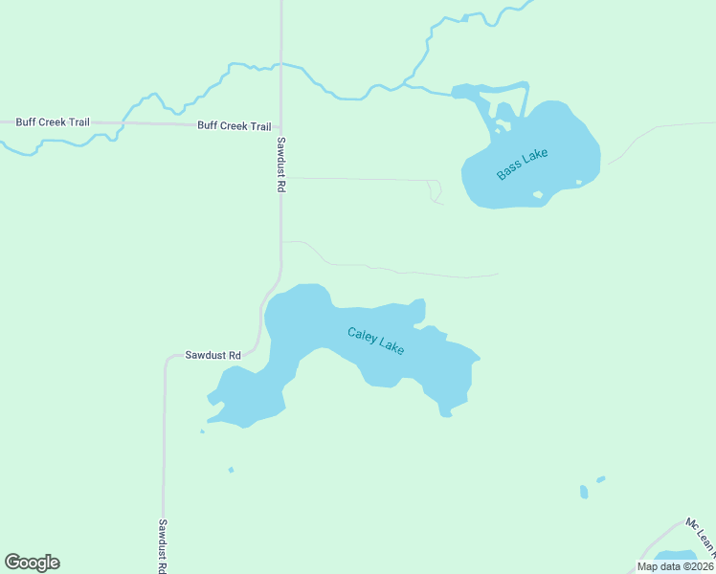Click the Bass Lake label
(x=522, y=165)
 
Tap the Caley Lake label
(x=375, y=341)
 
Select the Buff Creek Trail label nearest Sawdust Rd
(x=234, y=126)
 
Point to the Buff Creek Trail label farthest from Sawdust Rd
(x=52, y=122)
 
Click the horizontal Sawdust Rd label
(x=213, y=355)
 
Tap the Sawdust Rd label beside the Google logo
(x=163, y=545)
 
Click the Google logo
(x=32, y=563)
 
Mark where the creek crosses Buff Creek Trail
(x=122, y=123)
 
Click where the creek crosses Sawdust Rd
(x=280, y=65)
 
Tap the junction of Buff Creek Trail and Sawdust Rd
(x=280, y=126)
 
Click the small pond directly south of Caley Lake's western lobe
(x=231, y=470)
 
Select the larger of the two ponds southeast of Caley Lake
(x=584, y=492)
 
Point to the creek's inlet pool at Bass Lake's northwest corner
(x=469, y=92)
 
